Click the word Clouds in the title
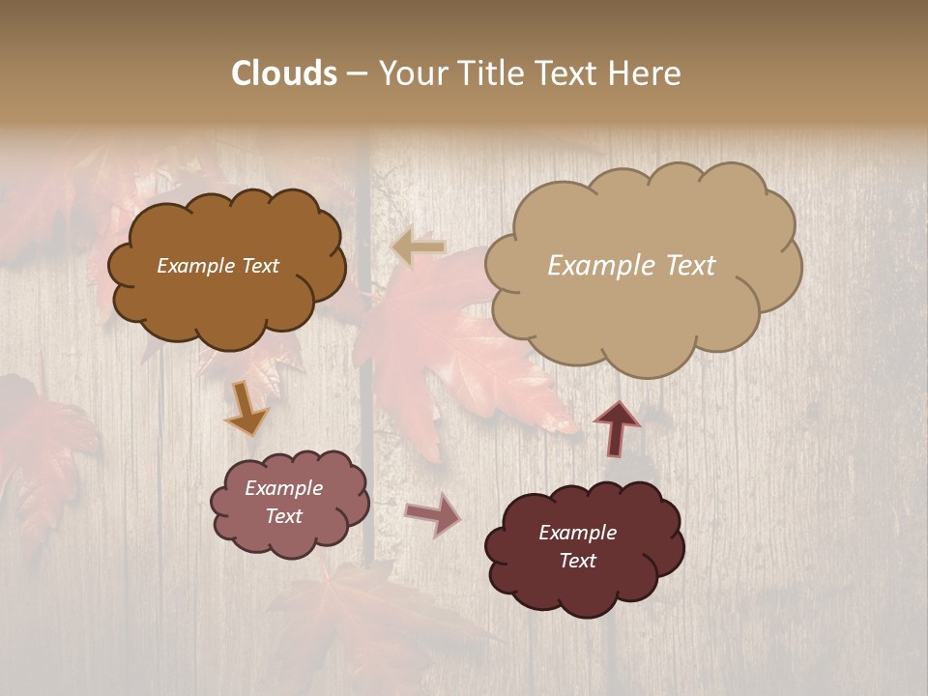click(284, 73)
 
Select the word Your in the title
click(413, 73)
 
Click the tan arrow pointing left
click(419, 247)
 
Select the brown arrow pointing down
click(246, 408)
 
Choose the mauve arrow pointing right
click(433, 513)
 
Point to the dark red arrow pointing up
click(617, 427)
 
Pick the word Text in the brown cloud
click(260, 266)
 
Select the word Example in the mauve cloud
click(283, 488)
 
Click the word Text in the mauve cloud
click(283, 516)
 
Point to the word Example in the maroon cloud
click(577, 533)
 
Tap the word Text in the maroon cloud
click(577, 561)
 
